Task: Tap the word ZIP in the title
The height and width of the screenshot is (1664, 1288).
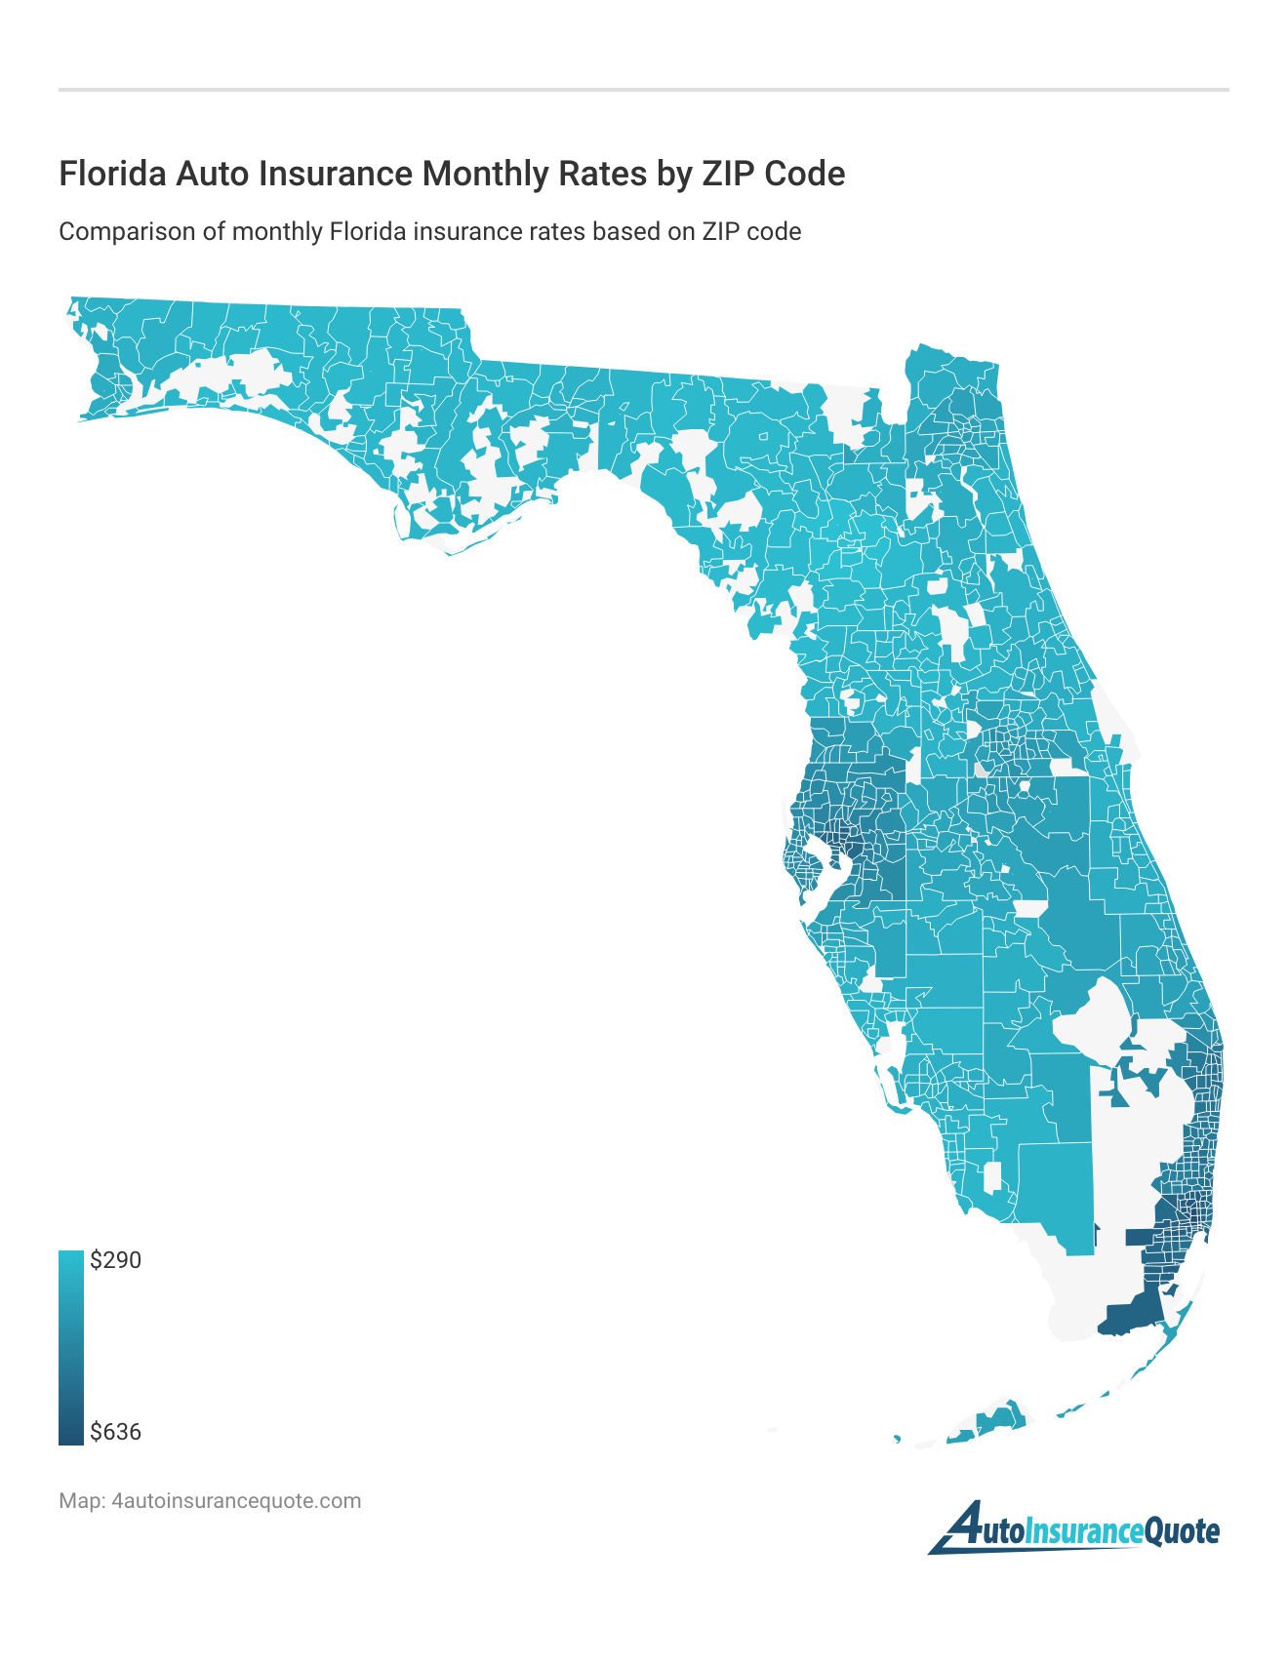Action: click(x=723, y=174)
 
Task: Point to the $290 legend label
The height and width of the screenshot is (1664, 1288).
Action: click(x=115, y=1260)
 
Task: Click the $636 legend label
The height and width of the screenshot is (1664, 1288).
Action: click(x=115, y=1432)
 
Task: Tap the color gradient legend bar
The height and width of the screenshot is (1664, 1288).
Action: click(x=71, y=1346)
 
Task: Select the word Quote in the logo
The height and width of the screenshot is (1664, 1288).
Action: click(x=1182, y=1531)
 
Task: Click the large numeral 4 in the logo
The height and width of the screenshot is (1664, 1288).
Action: click(x=961, y=1527)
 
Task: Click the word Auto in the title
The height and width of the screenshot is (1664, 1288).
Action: click(x=204, y=174)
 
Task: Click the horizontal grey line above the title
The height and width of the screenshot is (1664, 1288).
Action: click(x=644, y=90)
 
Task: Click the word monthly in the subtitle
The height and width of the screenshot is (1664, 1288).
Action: click(x=276, y=232)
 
